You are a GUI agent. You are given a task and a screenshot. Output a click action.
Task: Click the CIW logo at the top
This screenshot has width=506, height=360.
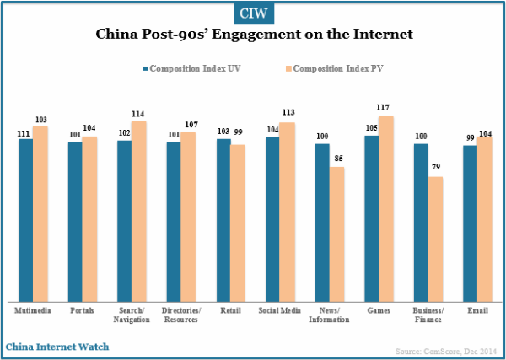(x=252, y=13)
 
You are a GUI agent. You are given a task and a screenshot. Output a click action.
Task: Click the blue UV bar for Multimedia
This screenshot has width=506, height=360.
(x=26, y=219)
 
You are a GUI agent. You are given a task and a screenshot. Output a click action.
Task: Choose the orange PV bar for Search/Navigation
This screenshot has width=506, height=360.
(x=138, y=211)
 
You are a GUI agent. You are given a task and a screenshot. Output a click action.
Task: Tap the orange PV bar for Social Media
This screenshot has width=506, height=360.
(x=287, y=212)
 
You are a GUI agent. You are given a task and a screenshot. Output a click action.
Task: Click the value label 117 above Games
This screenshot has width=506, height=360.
(x=385, y=107)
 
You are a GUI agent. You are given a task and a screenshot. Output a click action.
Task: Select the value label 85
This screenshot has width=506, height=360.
(x=337, y=159)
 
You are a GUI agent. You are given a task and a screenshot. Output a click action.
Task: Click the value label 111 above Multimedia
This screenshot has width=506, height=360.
(x=24, y=132)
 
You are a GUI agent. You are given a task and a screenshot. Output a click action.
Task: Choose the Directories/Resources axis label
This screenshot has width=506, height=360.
(x=180, y=315)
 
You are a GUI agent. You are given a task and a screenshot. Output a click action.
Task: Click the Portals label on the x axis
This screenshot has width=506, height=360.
(x=83, y=310)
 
